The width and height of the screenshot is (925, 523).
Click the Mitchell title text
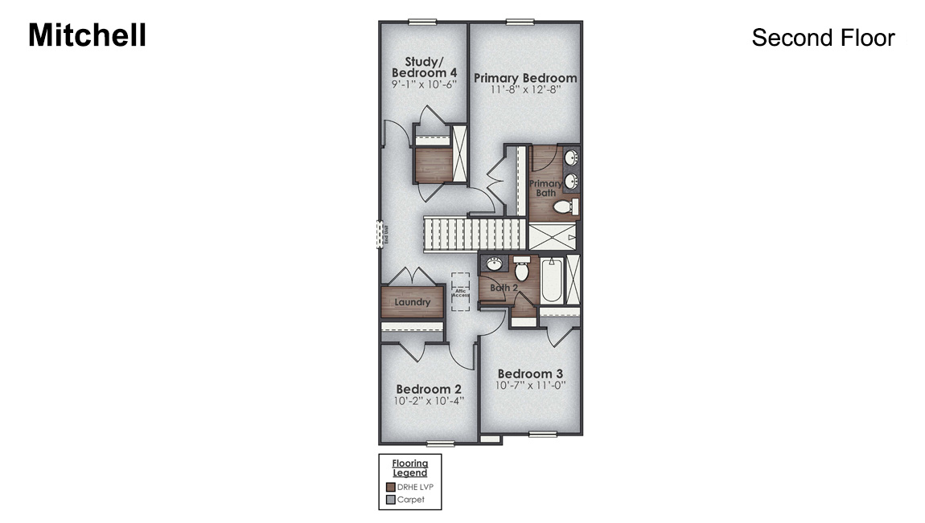87,35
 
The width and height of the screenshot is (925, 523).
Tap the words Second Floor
822,38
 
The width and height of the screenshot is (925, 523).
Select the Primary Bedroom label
525,78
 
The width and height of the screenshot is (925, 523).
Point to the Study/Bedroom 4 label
424,67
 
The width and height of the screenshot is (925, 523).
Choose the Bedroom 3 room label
530,374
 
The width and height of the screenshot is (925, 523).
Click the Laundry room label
412,302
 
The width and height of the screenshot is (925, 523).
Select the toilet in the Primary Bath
565,207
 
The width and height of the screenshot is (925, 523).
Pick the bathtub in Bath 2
551,281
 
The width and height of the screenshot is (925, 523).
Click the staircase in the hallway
475,235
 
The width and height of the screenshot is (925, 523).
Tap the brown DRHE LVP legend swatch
391,487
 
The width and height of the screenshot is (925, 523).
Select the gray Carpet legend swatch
391,500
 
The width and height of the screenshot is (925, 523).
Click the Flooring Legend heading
409,468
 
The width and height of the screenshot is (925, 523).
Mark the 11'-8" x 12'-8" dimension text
525,90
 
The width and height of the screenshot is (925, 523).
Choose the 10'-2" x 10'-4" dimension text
429,400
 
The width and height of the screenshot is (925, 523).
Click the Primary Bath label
545,188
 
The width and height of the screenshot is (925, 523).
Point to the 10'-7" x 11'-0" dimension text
530,385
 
